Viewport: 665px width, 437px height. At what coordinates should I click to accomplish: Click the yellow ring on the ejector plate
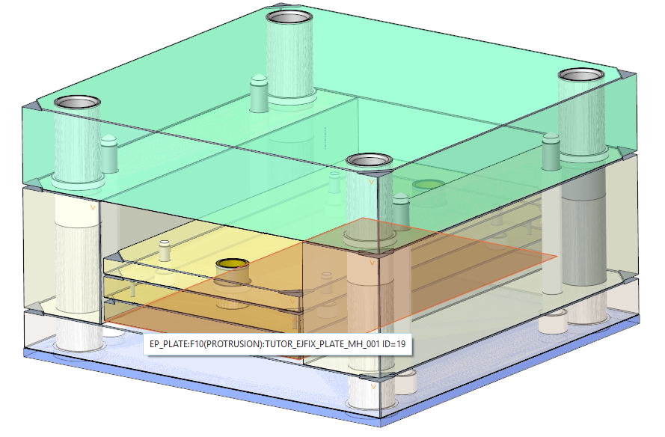coord(233,264)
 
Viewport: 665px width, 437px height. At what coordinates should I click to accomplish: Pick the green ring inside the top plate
coord(428,184)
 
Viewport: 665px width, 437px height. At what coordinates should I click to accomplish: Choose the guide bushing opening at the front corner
coord(367,160)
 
